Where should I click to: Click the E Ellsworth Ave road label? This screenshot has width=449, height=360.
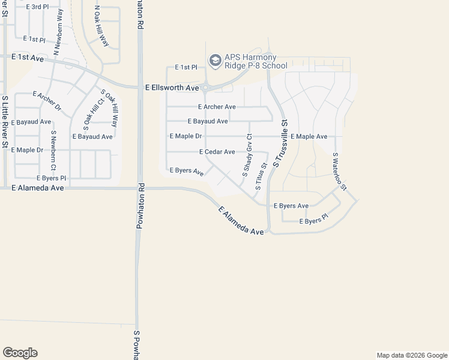pyautogui.click(x=172, y=88)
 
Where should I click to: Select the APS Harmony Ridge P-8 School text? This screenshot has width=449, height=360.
pyautogui.click(x=256, y=62)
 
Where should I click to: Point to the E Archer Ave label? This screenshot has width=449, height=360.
pyautogui.click(x=217, y=107)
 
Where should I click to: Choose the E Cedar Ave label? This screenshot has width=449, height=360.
pyautogui.click(x=217, y=152)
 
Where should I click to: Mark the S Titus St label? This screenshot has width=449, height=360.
pyautogui.click(x=261, y=176)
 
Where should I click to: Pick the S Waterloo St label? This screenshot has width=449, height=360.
pyautogui.click(x=340, y=171)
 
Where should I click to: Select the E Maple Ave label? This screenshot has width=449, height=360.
pyautogui.click(x=309, y=137)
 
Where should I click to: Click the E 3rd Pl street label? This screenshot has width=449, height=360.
pyautogui.click(x=37, y=7)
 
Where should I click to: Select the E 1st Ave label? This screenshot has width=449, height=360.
pyautogui.click(x=28, y=57)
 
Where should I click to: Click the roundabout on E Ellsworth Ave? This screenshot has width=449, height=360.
pyautogui.click(x=205, y=88)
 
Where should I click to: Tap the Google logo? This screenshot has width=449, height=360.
pyautogui.click(x=20, y=353)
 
